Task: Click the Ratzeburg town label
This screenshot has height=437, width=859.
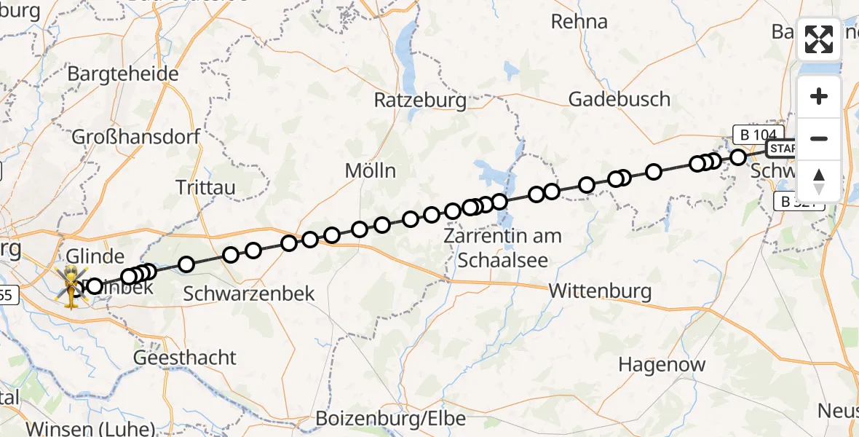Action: (419, 100)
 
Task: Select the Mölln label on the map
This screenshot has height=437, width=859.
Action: (371, 171)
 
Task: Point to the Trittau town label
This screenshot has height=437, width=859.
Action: (206, 187)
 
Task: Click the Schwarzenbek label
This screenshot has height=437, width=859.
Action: (249, 294)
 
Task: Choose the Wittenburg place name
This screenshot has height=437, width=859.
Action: (600, 291)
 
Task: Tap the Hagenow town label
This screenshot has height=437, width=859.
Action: (662, 364)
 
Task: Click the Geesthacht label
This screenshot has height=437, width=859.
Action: (185, 358)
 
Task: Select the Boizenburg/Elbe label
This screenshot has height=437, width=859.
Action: (391, 419)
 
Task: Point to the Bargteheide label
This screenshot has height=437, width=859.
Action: (122, 74)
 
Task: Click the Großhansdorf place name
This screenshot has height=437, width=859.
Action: (136, 136)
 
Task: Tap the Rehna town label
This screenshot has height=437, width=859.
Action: (579, 22)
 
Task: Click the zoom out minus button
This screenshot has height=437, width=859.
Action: (819, 138)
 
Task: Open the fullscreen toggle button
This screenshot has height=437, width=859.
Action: (819, 39)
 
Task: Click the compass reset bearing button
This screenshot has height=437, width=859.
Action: (819, 181)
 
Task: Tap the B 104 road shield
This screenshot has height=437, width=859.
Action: (759, 134)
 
